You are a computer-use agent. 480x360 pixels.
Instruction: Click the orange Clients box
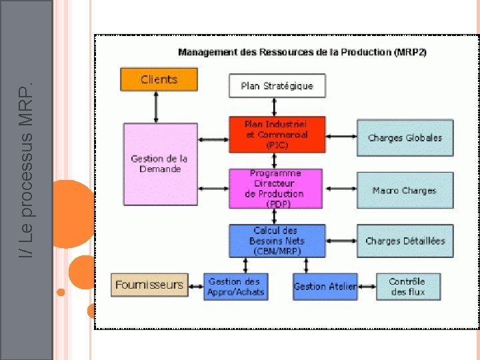tap(159, 79)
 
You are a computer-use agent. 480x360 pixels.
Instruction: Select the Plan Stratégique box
tap(277, 86)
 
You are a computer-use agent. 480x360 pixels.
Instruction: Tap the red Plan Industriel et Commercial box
tap(277, 134)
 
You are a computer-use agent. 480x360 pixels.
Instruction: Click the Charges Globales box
tap(405, 138)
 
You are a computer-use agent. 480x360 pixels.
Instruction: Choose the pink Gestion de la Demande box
tap(160, 164)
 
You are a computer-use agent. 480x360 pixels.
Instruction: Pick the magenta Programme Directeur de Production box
tap(275, 188)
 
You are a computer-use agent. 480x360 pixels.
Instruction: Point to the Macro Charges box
tap(405, 191)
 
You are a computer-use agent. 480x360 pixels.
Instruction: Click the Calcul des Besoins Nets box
tap(277, 241)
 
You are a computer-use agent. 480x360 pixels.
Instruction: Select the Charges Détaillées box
tap(405, 241)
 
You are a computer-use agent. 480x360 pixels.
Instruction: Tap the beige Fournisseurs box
tap(149, 285)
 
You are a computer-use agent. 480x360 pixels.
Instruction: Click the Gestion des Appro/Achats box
tap(235, 286)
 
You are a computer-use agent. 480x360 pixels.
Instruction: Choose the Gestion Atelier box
tap(325, 286)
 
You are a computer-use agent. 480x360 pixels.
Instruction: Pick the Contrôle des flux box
tap(408, 286)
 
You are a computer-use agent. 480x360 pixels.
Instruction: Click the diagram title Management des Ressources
tap(303, 52)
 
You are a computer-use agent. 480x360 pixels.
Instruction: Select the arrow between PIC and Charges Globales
tap(341, 137)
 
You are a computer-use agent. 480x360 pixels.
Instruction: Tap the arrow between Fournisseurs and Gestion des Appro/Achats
tap(195, 287)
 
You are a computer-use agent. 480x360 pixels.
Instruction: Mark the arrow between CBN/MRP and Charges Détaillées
tap(341, 241)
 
